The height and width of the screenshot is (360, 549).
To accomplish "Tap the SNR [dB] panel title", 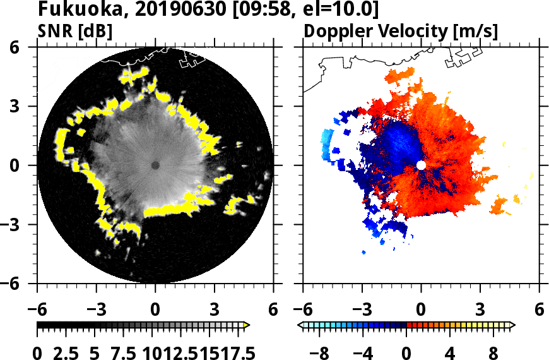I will (75, 31).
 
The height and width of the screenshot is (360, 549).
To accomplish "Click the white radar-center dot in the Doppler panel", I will (421, 165).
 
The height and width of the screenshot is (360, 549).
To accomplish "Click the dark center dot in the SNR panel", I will (155, 165).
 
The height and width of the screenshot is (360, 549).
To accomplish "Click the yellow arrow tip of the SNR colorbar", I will (247, 325).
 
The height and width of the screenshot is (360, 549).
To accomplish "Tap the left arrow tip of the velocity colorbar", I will (300, 325).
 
